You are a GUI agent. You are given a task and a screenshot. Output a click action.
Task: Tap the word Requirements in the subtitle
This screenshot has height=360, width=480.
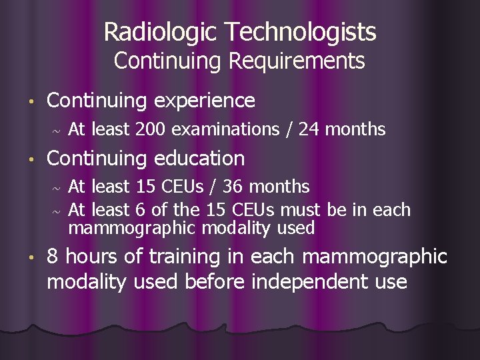(297, 61)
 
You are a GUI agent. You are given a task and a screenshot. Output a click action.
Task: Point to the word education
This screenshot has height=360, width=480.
(199, 159)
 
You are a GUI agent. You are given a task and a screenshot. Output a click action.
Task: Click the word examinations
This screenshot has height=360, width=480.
(226, 129)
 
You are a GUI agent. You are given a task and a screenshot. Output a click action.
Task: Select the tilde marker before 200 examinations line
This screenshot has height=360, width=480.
(56, 131)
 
